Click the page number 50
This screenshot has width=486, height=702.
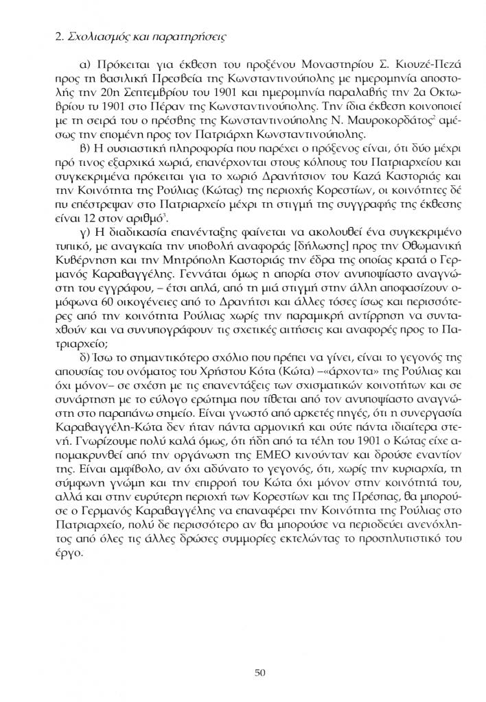coord(259,673)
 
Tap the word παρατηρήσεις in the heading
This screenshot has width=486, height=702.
coord(192,34)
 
